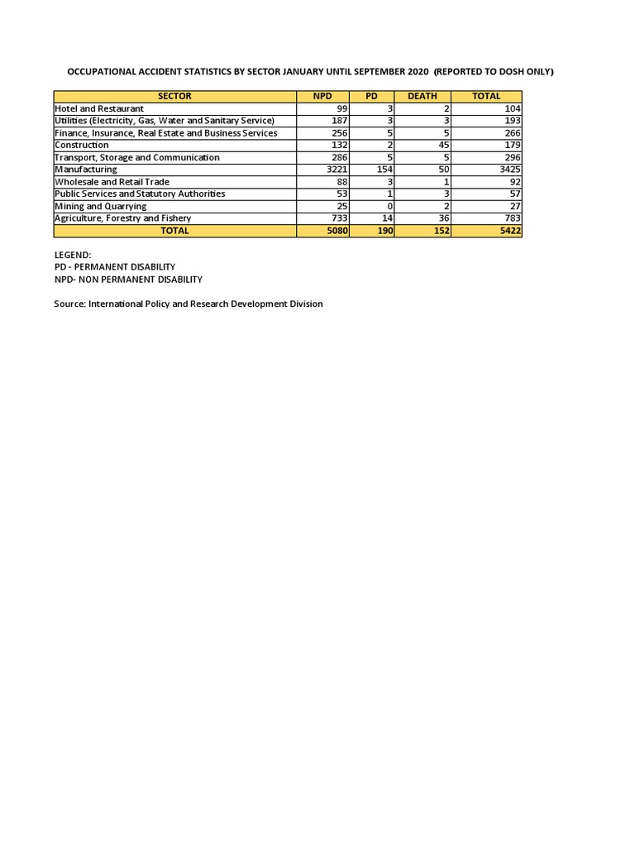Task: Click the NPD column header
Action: click(x=322, y=96)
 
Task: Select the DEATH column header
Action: click(x=423, y=96)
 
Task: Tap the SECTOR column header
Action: click(x=174, y=96)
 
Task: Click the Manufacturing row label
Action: click(x=86, y=170)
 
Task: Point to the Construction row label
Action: click(x=82, y=145)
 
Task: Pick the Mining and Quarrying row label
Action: click(x=101, y=206)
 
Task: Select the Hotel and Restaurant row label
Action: click(x=99, y=108)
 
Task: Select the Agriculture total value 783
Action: click(x=512, y=218)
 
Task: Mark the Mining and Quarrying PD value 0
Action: click(x=389, y=206)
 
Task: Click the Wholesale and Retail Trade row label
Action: click(x=112, y=182)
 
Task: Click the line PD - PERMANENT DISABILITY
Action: click(x=114, y=267)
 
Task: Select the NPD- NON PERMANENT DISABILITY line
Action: click(x=128, y=280)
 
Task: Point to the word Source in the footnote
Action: click(x=69, y=304)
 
